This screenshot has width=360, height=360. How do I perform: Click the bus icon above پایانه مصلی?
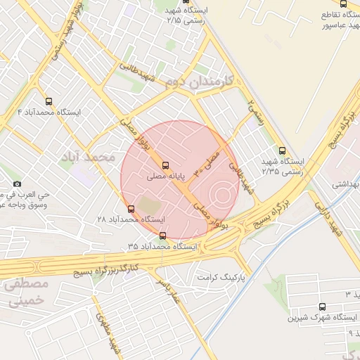coord(166,165)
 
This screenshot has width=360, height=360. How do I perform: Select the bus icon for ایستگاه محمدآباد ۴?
coord(49,101)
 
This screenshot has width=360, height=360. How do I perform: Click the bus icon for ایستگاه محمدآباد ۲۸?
coord(131,209)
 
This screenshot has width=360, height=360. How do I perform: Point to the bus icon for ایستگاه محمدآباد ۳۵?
coord(163,236)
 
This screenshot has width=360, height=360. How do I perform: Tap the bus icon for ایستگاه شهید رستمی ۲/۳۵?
coord(283,150)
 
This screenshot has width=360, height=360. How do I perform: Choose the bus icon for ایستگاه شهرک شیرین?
coord(323,307)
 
